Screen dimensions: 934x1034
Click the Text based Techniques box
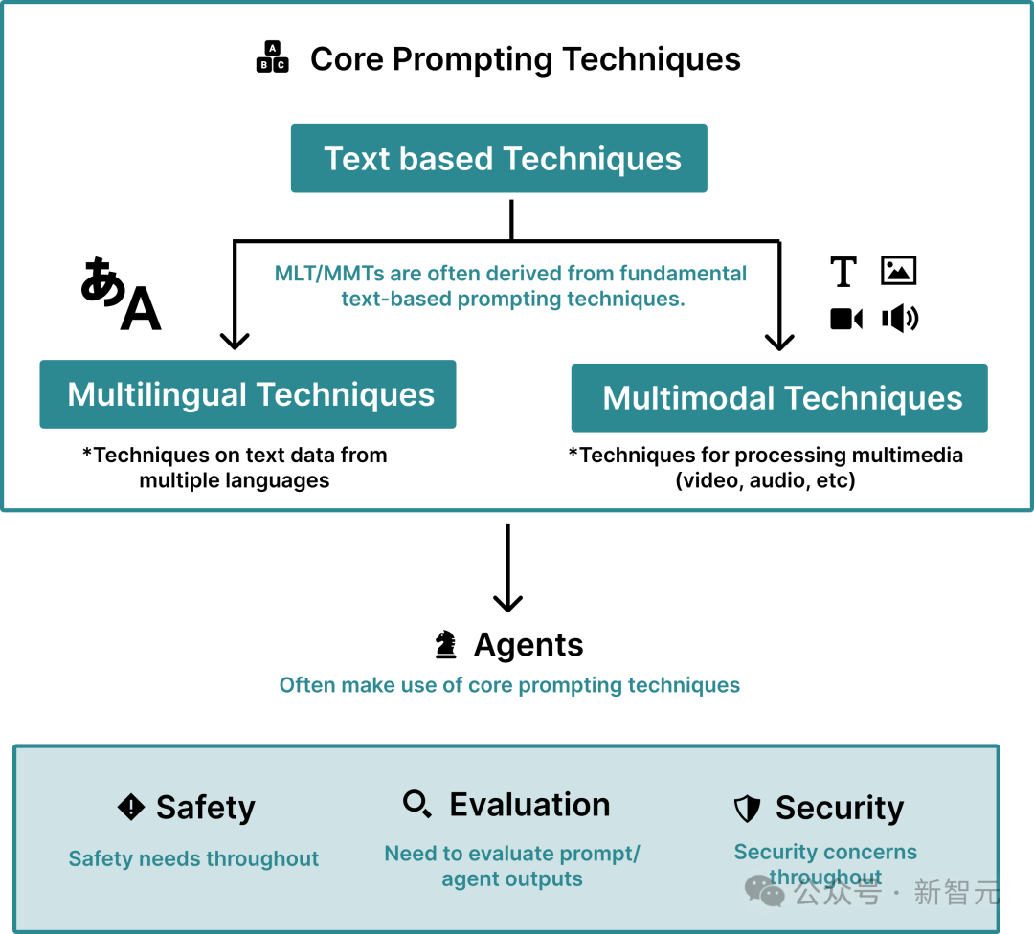click(499, 159)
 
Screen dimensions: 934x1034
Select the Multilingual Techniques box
click(248, 394)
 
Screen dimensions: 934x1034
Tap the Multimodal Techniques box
click(779, 398)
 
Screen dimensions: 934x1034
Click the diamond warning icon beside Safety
click(131, 807)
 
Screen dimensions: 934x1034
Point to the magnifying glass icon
click(416, 804)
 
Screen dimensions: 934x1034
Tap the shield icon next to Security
click(747, 809)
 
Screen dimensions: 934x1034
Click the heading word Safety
click(206, 808)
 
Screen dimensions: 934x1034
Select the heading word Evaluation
click(529, 805)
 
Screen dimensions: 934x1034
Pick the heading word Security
click(840, 809)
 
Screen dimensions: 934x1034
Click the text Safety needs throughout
click(193, 859)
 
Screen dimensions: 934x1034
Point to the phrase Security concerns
click(825, 852)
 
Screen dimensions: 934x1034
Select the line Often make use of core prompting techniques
click(509, 685)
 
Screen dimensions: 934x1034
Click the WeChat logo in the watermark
click(765, 892)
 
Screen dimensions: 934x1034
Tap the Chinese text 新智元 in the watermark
click(957, 893)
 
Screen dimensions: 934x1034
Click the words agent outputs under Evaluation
click(512, 879)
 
